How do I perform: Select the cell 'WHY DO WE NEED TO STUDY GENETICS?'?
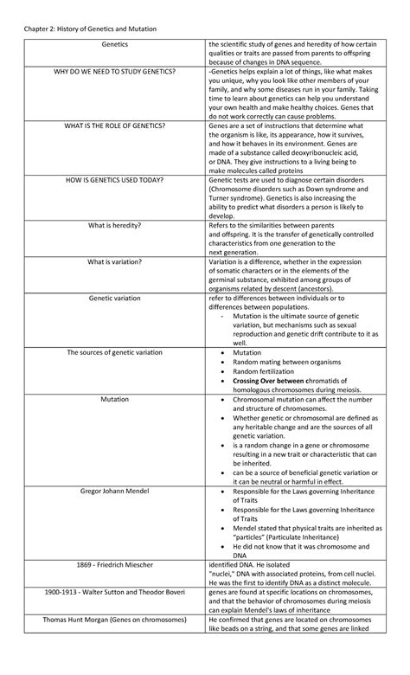(x=115, y=71)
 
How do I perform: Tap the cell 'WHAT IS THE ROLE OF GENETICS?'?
(x=115, y=125)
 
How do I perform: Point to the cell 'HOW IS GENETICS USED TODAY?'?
(x=115, y=180)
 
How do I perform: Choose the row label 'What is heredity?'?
(x=115, y=225)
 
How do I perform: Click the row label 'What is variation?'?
(x=115, y=261)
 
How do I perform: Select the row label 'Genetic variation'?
(x=115, y=298)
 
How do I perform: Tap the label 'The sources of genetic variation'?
(x=115, y=352)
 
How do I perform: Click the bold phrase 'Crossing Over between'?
(x=270, y=380)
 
